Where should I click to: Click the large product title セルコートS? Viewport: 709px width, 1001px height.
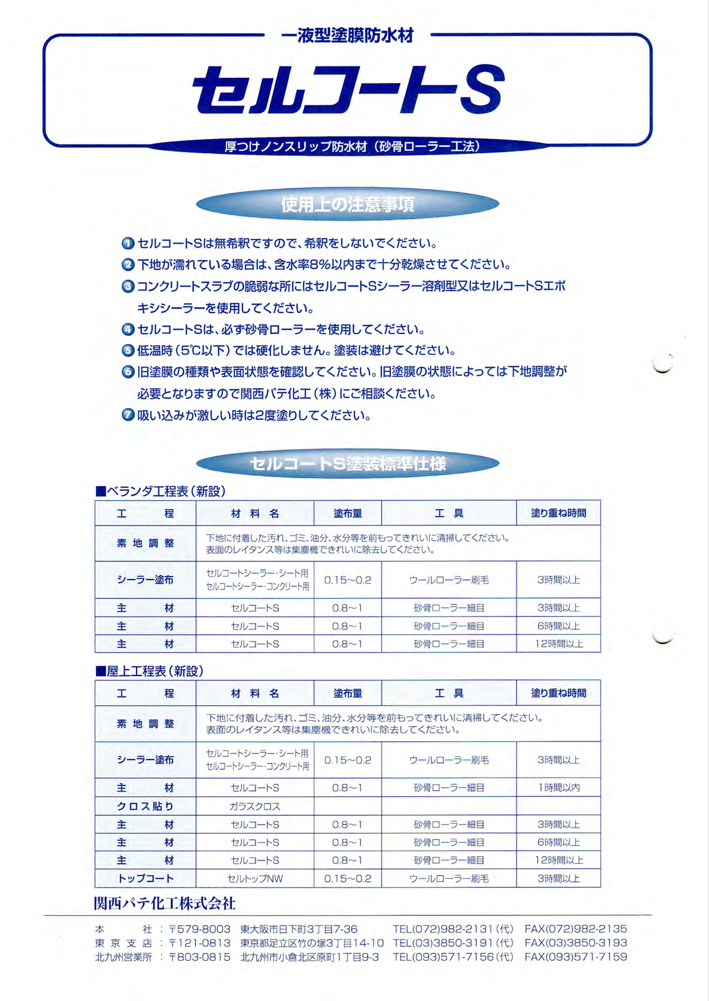347,90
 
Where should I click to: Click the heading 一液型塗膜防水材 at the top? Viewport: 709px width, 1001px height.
347,36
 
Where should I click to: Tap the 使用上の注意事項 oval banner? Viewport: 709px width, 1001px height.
347,204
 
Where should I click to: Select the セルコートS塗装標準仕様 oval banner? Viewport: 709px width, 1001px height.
347,464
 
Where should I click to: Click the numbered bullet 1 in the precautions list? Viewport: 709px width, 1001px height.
128,244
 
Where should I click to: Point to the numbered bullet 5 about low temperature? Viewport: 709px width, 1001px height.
128,350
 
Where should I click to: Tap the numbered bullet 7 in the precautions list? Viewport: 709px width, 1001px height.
128,415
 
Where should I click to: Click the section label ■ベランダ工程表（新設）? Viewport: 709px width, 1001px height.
161,491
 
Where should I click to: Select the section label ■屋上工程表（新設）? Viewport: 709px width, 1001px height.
150,671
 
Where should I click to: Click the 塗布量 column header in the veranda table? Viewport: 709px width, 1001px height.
347,513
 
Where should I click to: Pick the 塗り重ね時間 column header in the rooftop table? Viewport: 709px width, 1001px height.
558,693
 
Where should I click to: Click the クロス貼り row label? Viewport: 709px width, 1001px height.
145,806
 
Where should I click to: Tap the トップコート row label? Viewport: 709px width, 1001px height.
145,879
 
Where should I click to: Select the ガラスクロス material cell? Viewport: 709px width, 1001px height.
255,806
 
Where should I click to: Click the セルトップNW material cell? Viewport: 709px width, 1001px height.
255,879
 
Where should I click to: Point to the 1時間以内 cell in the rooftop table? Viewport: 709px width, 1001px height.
558,788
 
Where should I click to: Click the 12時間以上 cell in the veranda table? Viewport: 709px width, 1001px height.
558,644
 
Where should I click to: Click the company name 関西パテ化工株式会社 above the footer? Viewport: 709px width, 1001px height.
165,903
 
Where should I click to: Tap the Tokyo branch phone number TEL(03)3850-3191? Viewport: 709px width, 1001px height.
453,943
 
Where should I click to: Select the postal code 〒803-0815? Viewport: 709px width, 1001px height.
200,957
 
